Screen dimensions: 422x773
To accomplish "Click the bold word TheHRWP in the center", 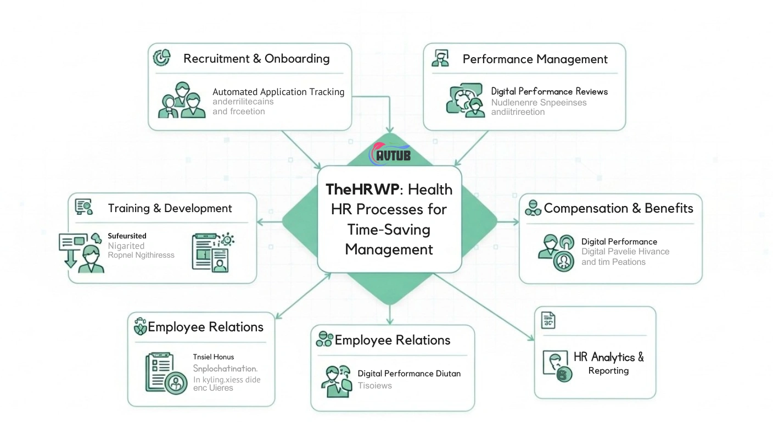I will click(362, 190).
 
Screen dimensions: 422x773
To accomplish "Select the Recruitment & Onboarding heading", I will click(256, 59).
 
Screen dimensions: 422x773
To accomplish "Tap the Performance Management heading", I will click(535, 59).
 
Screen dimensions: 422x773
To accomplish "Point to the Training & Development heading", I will click(170, 208).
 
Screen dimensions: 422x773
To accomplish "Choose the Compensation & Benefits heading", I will click(618, 208).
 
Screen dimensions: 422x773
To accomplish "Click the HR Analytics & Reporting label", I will click(608, 363).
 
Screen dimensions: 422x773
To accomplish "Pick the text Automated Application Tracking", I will click(278, 92).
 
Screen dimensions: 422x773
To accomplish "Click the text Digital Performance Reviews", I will click(549, 92).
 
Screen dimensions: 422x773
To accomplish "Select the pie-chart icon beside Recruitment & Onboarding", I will click(161, 57).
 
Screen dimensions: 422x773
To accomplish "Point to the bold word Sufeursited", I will click(127, 236).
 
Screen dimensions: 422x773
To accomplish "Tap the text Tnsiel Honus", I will click(214, 357).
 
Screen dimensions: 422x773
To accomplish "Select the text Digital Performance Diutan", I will click(409, 374).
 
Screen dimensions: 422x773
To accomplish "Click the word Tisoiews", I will click(374, 386).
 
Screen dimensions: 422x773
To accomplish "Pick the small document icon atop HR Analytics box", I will click(548, 320).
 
